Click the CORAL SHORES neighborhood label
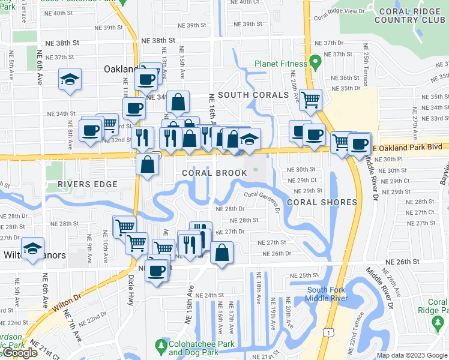(322, 202)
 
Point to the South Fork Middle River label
(326, 294)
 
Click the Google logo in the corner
(19, 353)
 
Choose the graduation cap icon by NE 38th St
(70, 79)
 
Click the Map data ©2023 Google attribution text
(412, 355)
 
